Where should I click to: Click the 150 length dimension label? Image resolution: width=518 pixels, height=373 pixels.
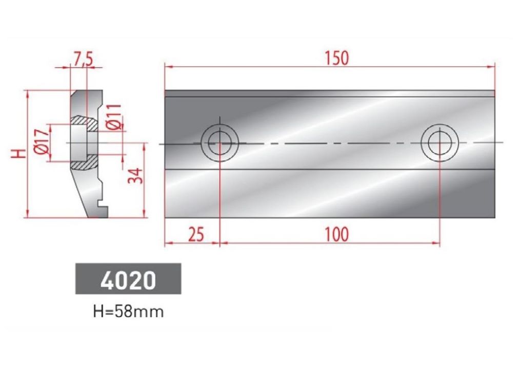click(x=336, y=58)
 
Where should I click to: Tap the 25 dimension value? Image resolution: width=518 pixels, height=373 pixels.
click(x=196, y=234)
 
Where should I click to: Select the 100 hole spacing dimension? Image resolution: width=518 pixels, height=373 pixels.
click(x=336, y=234)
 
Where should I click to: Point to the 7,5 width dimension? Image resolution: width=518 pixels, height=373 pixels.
click(x=83, y=59)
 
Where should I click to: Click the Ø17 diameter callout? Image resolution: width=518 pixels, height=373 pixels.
click(x=42, y=141)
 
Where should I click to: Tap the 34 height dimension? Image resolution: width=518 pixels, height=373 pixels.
click(x=135, y=176)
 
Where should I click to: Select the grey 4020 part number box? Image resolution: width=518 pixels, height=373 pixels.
click(x=128, y=279)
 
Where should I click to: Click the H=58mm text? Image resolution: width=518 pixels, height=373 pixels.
click(x=129, y=312)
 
